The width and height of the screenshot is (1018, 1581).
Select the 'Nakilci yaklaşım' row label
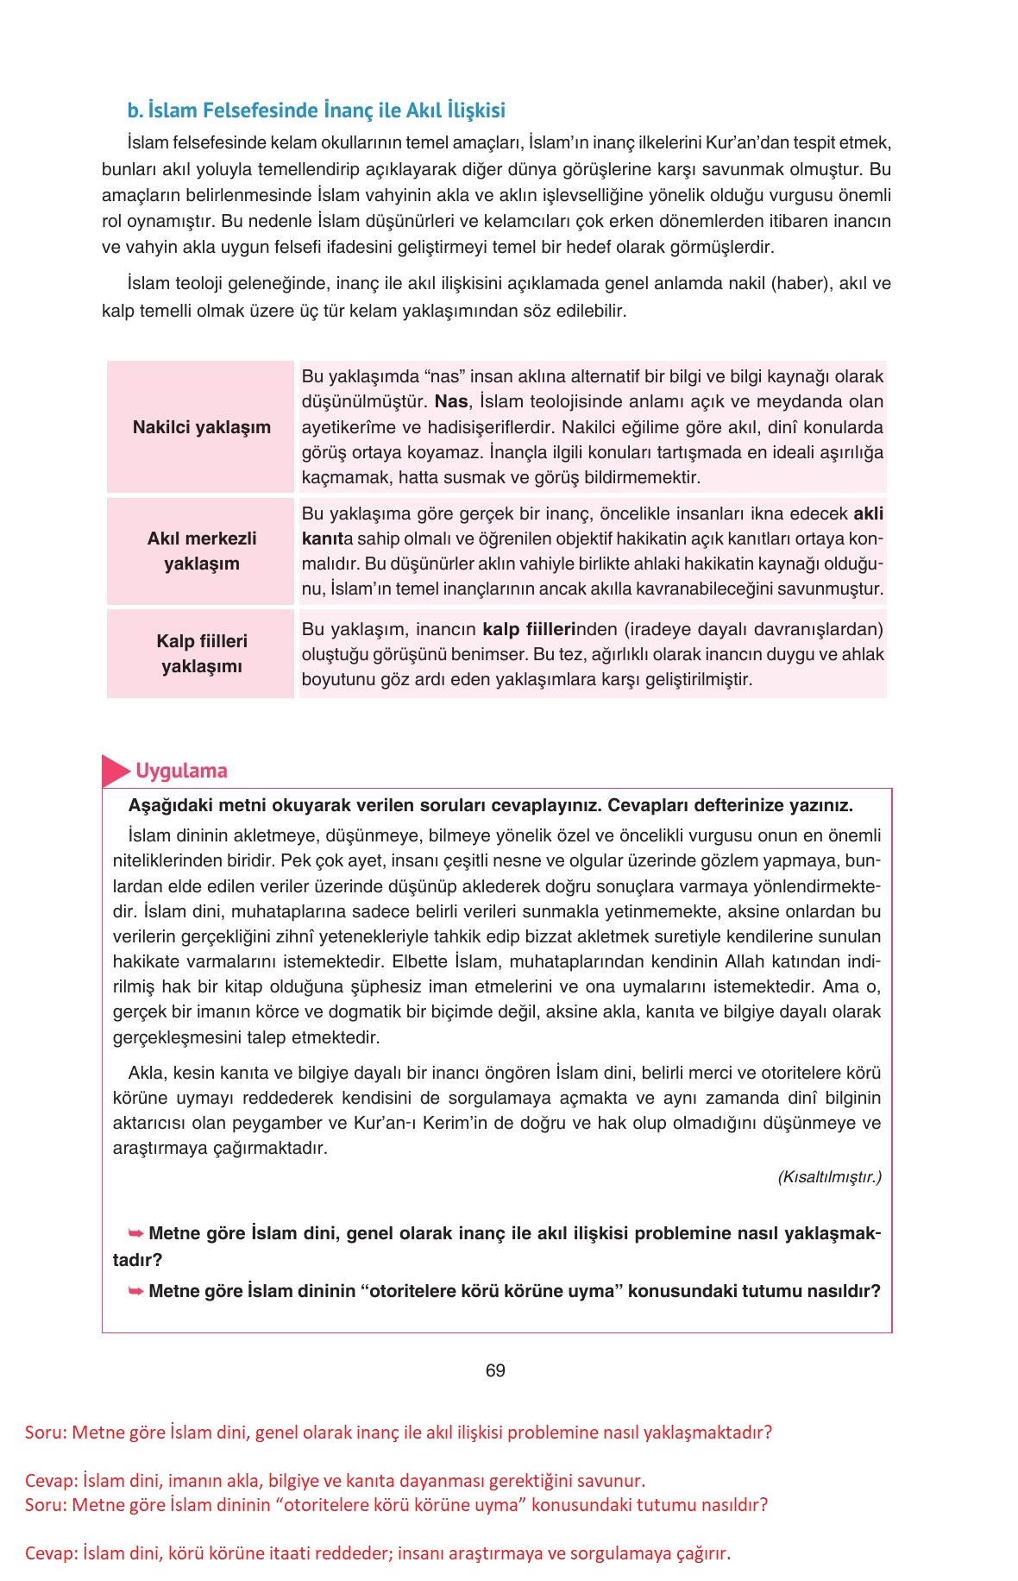(x=201, y=427)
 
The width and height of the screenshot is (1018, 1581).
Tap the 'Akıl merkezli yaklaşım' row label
(x=201, y=551)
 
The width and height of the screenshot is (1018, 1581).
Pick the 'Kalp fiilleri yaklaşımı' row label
(x=201, y=653)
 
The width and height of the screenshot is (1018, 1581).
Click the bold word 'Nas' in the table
(x=451, y=401)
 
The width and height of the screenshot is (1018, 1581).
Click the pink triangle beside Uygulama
(x=114, y=771)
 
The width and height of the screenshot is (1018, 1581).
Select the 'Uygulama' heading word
(x=181, y=771)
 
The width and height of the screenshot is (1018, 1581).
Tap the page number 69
(x=495, y=1370)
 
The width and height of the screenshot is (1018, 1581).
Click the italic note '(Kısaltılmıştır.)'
(x=829, y=1177)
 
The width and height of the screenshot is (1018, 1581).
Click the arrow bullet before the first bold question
(x=135, y=1233)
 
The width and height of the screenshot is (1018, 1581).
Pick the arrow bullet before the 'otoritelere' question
(x=135, y=1291)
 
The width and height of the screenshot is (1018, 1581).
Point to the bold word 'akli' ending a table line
(x=868, y=513)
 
